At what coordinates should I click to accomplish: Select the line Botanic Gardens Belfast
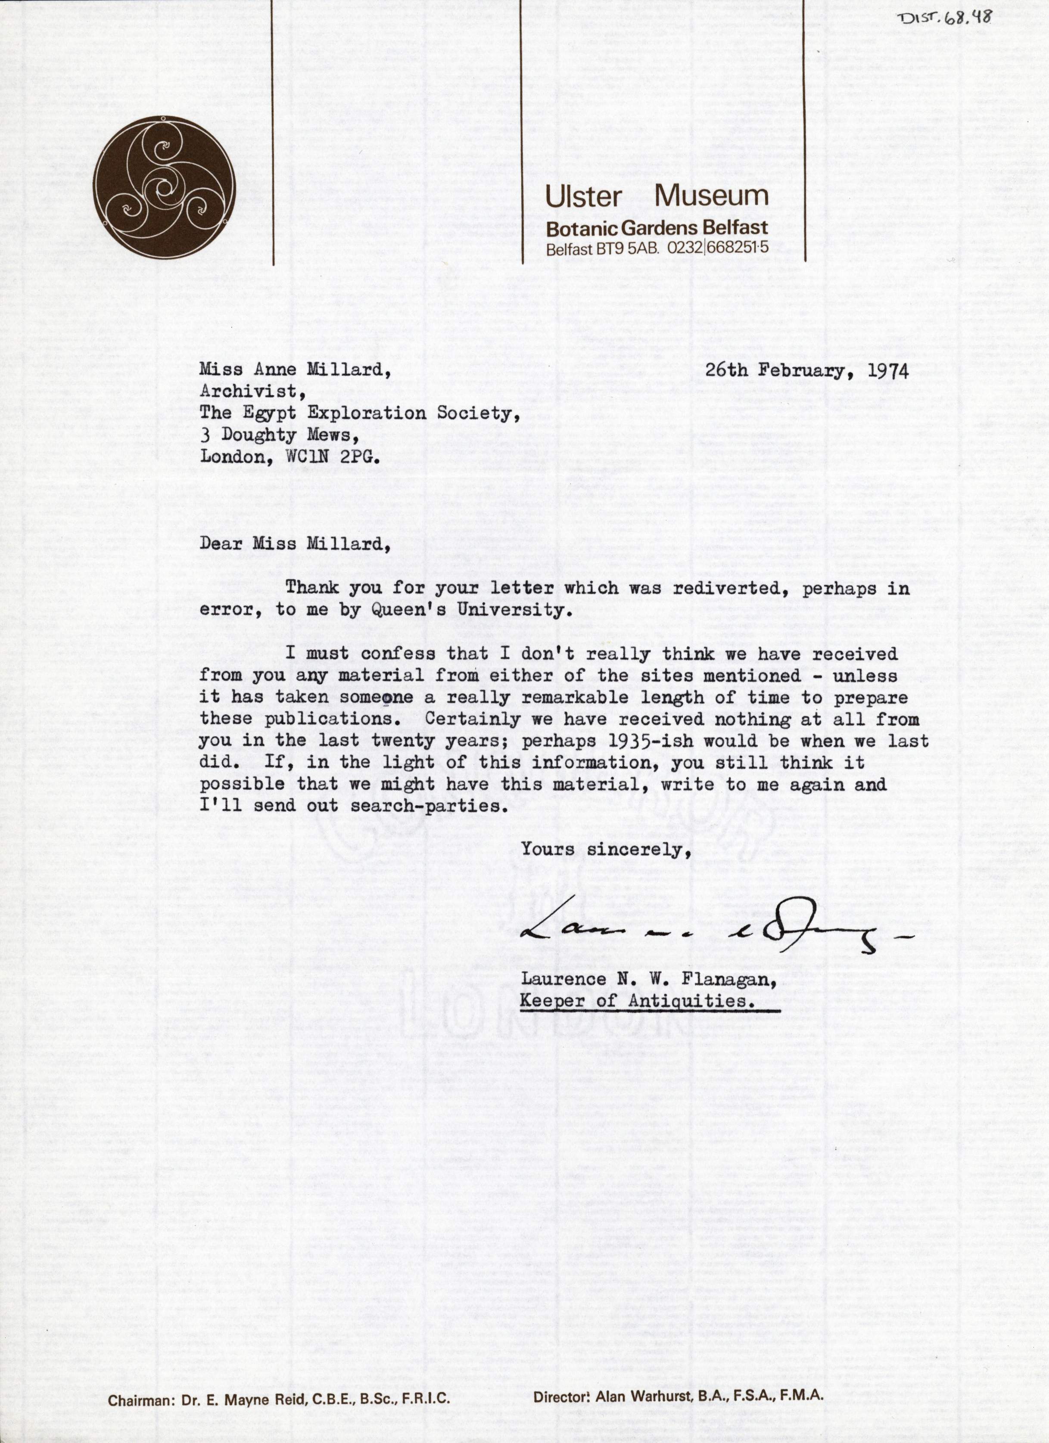pos(656,228)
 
